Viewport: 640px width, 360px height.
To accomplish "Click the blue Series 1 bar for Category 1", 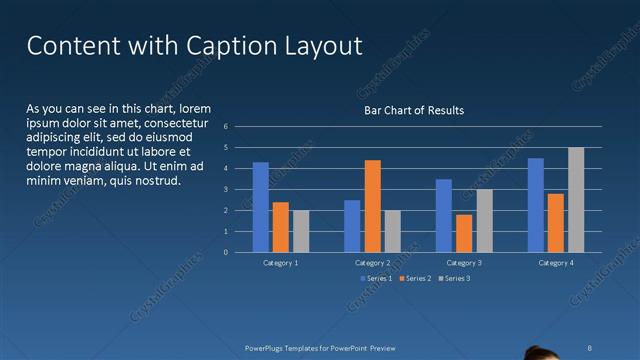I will click(x=261, y=207).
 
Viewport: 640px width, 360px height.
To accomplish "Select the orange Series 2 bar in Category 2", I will click(x=372, y=206).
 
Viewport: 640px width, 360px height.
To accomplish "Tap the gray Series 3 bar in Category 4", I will click(x=576, y=200).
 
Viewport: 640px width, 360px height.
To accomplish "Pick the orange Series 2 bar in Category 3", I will click(x=464, y=233).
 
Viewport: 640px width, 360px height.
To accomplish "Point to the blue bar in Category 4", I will click(x=536, y=205).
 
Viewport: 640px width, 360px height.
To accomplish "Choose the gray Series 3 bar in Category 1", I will click(x=301, y=231).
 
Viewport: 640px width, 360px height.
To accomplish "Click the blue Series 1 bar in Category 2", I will click(x=352, y=226).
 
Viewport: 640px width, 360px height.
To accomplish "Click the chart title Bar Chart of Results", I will click(x=413, y=110).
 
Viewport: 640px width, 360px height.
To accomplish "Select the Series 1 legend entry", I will click(x=376, y=277).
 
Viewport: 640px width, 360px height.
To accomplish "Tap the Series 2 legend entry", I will click(x=415, y=277).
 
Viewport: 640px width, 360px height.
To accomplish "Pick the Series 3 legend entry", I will click(x=454, y=277).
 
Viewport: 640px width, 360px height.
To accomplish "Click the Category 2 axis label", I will click(x=372, y=262).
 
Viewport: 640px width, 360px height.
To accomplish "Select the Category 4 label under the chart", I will click(x=556, y=262).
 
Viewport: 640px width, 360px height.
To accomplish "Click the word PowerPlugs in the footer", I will click(x=267, y=347).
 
